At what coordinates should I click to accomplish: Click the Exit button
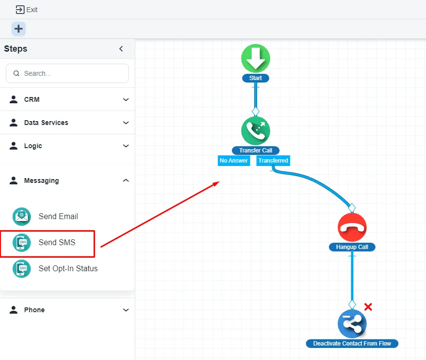(27, 10)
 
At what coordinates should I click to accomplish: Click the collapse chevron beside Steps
(121, 49)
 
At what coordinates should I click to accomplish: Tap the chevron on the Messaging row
(126, 180)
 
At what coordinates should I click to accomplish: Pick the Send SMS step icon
(22, 243)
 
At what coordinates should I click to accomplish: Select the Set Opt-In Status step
(68, 269)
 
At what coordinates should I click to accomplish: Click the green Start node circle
(256, 58)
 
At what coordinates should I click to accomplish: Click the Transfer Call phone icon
(256, 131)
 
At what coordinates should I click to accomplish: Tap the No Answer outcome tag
(234, 161)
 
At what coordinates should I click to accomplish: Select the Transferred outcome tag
(273, 161)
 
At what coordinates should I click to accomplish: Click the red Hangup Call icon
(352, 227)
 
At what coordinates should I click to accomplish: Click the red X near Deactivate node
(368, 307)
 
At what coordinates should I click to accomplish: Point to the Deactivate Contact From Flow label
(352, 344)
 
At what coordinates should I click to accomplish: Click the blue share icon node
(352, 324)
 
